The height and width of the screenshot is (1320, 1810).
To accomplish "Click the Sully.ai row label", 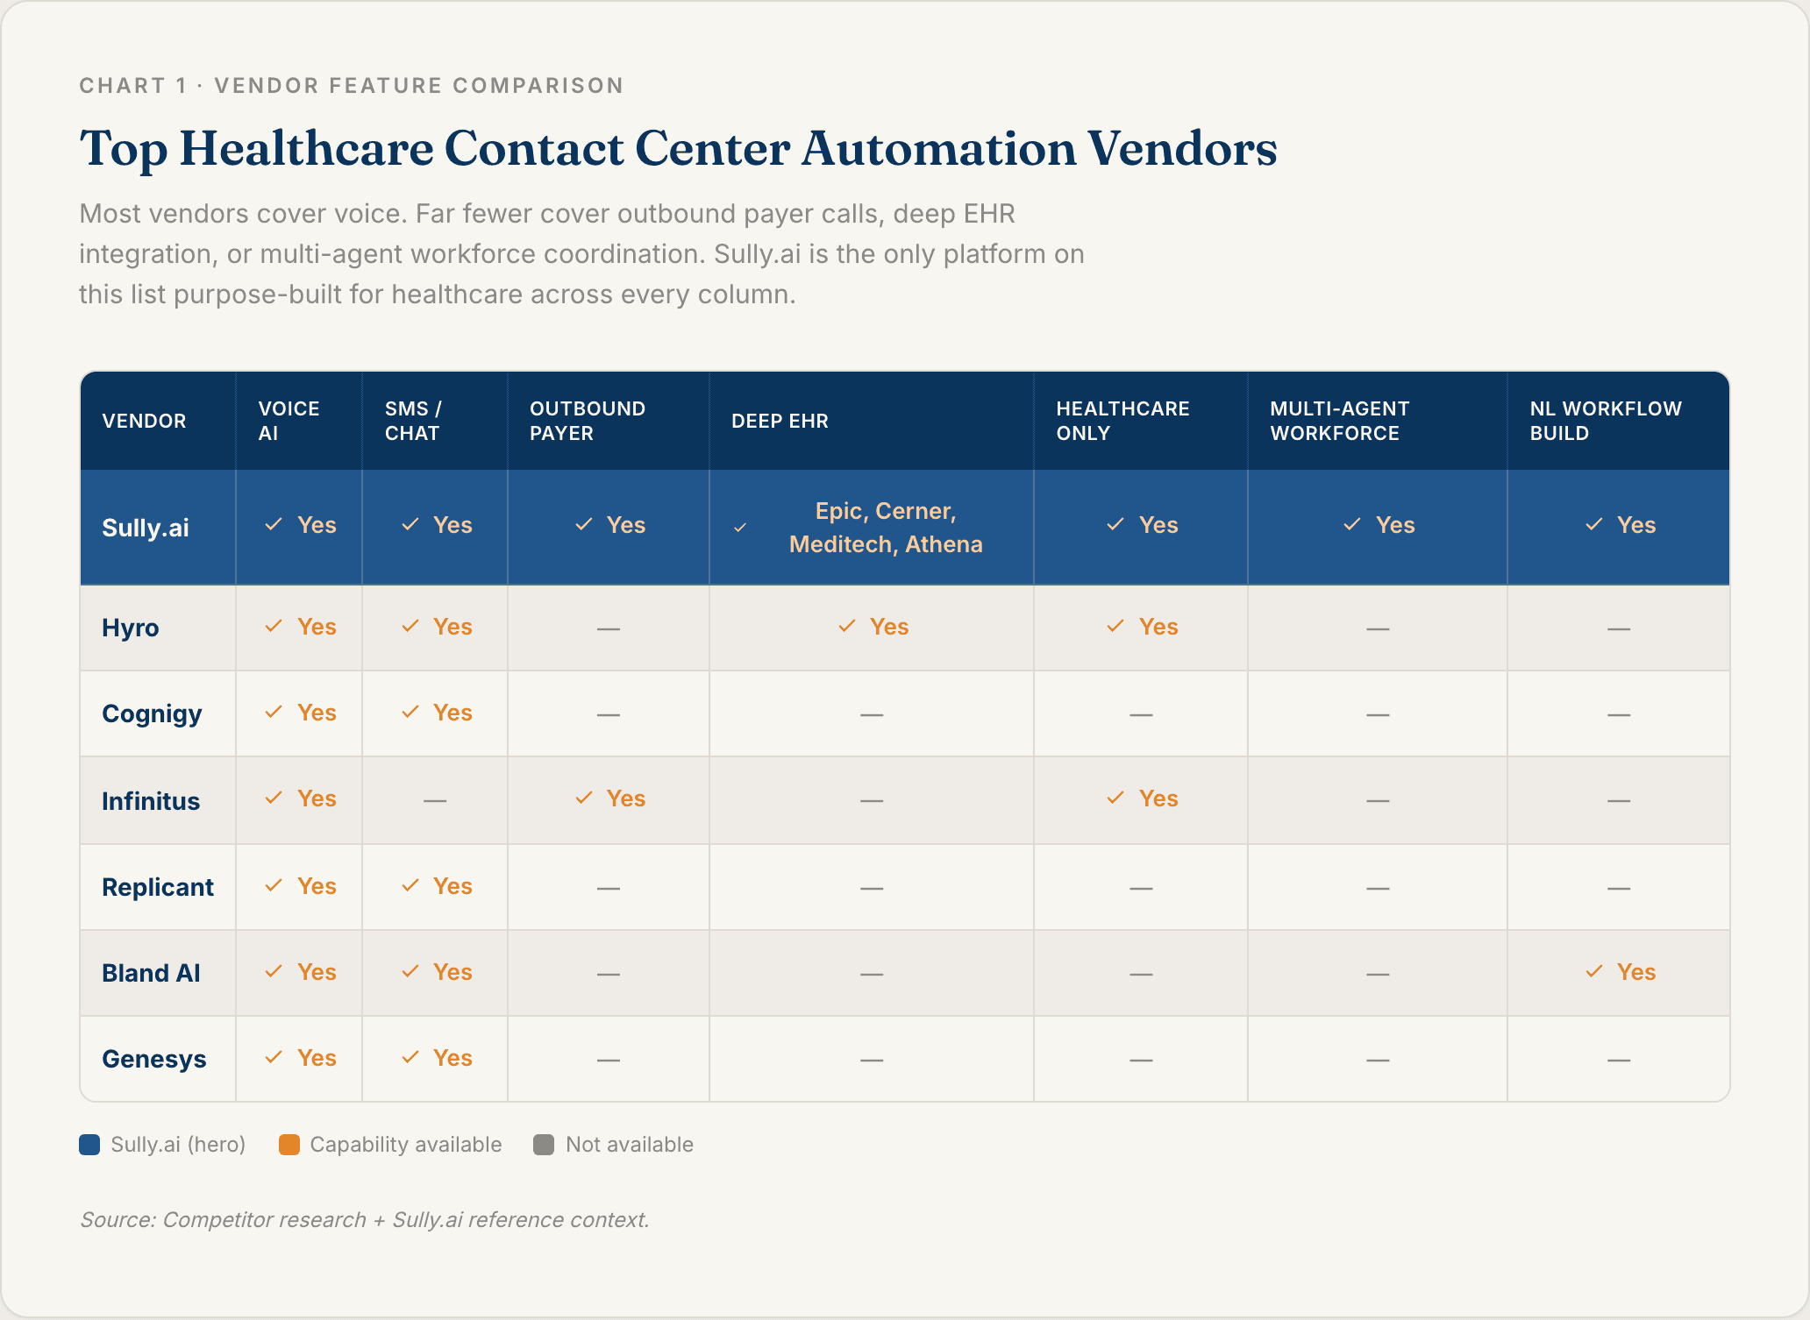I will coord(146,528).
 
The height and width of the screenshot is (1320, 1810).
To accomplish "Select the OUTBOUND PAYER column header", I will coord(587,421).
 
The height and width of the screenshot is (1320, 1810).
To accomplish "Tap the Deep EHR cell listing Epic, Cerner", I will coord(885,528).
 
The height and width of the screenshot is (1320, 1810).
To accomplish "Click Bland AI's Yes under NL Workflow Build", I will coord(1621,972).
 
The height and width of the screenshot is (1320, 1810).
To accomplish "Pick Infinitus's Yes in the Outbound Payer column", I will coord(611,798).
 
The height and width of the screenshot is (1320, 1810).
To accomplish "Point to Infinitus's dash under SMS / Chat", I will coord(435,800).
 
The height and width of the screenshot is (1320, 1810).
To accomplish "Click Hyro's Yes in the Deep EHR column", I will coord(874,627).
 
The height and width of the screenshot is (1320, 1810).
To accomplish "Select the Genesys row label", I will coord(154,1059).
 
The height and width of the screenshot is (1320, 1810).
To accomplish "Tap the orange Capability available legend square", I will coord(289,1145).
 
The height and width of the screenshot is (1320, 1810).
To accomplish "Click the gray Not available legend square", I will coord(544,1145).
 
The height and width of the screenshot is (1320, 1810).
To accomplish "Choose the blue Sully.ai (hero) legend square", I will coord(89,1145).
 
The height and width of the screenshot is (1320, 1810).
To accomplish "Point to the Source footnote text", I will coord(365,1220).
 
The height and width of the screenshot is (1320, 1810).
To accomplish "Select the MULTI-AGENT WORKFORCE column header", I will coord(1339,421).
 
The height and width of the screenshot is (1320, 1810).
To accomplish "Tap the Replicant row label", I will coord(158,887).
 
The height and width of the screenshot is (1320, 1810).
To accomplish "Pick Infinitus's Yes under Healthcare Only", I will coord(1143,798).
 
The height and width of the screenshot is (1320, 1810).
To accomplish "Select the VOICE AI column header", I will coord(289,421).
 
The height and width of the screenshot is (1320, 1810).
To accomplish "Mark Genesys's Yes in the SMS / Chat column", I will coord(438,1058).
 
